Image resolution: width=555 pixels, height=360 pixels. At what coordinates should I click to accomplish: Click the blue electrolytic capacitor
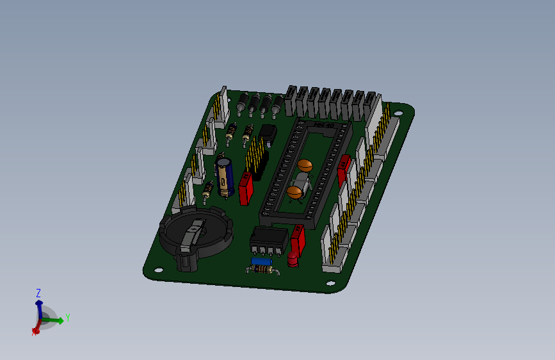[x=223, y=177]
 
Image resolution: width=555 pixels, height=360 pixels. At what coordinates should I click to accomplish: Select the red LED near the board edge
[x=293, y=260]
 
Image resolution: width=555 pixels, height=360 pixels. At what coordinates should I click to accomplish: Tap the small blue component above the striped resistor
[x=262, y=261]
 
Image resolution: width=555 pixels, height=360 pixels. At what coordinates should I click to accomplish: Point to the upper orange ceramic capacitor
[x=305, y=165]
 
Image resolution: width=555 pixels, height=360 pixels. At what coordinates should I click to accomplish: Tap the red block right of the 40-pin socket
[x=344, y=169]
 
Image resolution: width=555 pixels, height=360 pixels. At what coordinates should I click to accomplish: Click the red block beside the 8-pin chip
[x=298, y=240]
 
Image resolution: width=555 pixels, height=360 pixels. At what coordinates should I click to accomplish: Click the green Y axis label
[x=68, y=317]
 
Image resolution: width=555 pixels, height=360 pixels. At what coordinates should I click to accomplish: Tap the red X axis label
[x=33, y=332]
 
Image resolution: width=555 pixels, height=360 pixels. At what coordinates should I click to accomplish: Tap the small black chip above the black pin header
[x=268, y=133]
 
